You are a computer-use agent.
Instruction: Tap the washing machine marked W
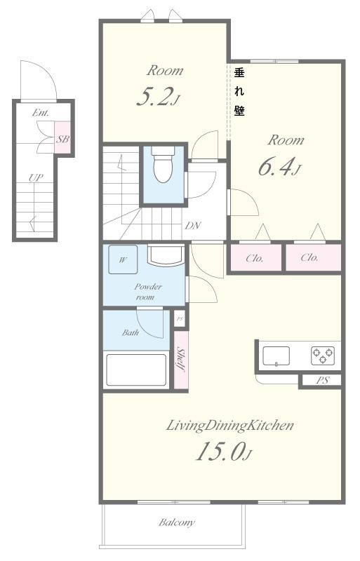point(123,259)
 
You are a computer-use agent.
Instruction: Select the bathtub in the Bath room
point(136,370)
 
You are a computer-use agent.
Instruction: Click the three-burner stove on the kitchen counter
point(323,356)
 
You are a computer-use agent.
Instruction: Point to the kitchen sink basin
point(276,356)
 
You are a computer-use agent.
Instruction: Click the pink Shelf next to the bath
point(181,360)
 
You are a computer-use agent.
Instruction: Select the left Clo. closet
point(255,257)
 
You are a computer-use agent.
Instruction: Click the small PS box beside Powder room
point(180,319)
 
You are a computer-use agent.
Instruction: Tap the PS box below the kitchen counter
point(322,380)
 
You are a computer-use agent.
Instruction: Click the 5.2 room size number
point(153,97)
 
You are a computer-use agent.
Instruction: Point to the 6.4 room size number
point(275,167)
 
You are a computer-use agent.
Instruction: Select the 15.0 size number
point(220,452)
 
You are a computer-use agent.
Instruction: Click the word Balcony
point(177,522)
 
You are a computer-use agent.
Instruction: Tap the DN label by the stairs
point(193,226)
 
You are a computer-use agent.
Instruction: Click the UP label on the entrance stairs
point(36,177)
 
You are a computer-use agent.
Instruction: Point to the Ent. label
point(41,113)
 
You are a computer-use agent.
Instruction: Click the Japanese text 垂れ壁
point(239,92)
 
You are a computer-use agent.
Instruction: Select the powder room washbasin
point(166,255)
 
